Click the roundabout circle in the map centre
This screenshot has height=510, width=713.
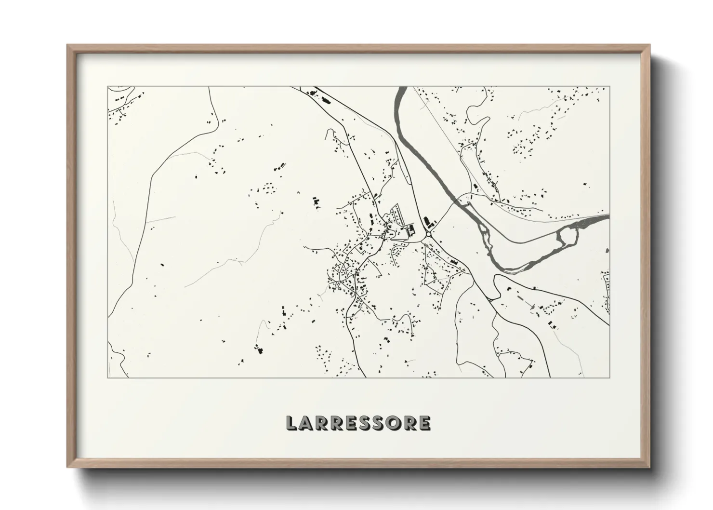point(428,235)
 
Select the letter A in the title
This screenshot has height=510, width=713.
point(308,423)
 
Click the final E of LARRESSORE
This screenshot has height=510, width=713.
point(423,423)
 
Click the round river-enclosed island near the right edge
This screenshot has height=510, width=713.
point(567,236)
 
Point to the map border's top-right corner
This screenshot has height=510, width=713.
point(609,87)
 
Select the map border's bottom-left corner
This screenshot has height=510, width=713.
point(108,377)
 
